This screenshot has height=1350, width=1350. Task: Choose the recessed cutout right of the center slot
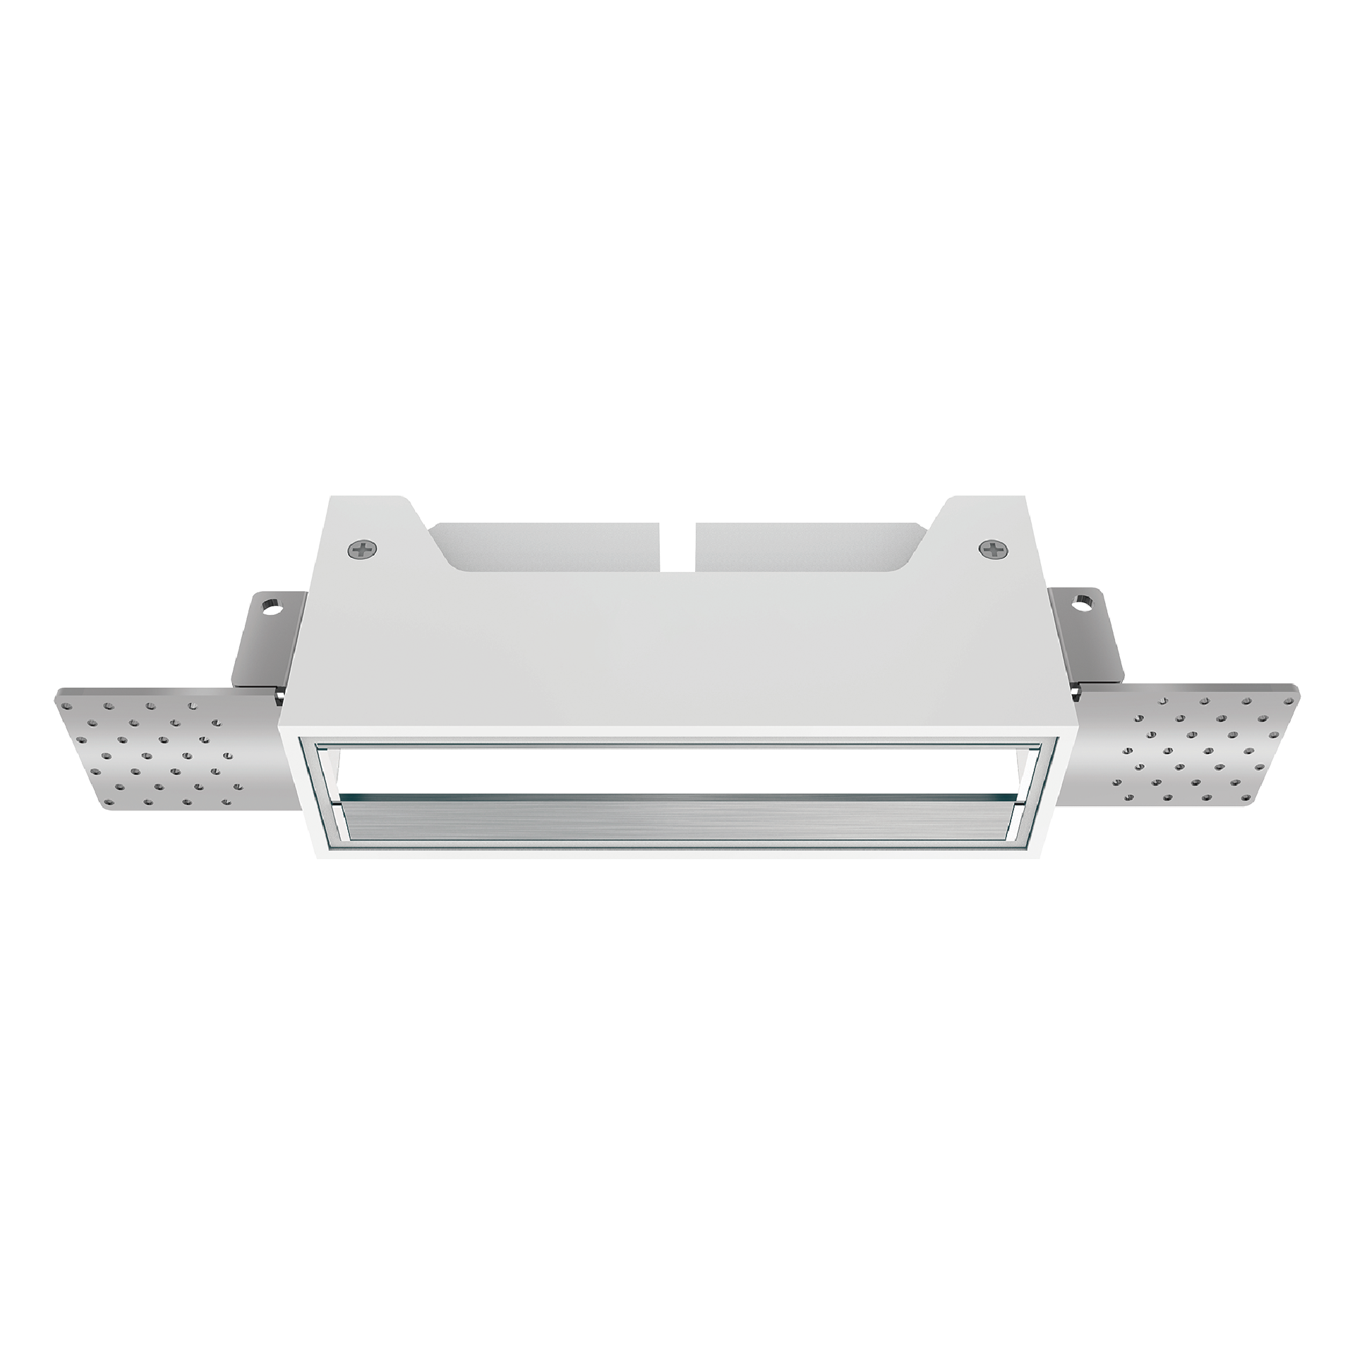click(x=804, y=547)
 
